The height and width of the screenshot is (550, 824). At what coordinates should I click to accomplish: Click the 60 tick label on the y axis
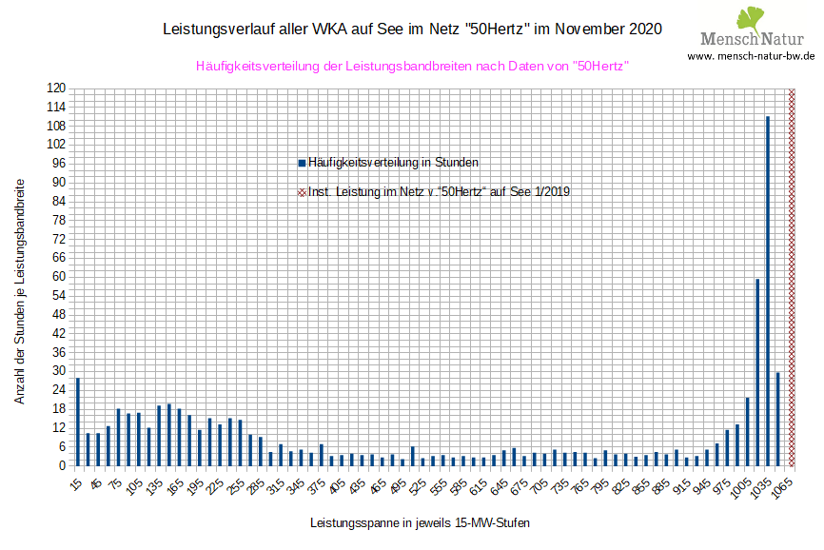[x=58, y=277]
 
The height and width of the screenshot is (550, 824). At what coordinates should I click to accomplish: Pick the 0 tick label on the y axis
[x=61, y=465]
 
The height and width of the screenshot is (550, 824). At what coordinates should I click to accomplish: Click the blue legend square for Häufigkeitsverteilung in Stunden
[x=302, y=163]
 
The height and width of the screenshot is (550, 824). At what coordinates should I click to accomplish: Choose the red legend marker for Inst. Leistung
[x=302, y=192]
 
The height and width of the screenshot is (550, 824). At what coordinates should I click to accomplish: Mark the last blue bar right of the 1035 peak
[x=777, y=419]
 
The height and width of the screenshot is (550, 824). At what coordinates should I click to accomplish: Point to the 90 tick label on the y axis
[x=58, y=182]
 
